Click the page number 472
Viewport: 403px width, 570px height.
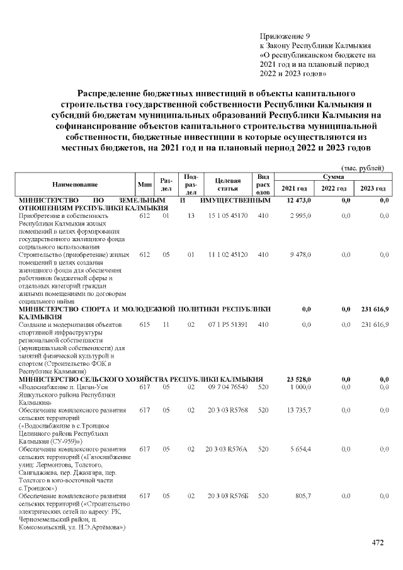pyautogui.click(x=377, y=543)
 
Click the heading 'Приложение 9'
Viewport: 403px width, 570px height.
pyautogui.click(x=285, y=36)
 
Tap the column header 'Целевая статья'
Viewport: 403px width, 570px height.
pyautogui.click(x=227, y=185)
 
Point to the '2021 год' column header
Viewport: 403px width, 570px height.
pyautogui.click(x=294, y=189)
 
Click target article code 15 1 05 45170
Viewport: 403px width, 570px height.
pyautogui.click(x=227, y=215)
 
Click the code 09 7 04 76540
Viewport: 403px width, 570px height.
pyautogui.click(x=227, y=387)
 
